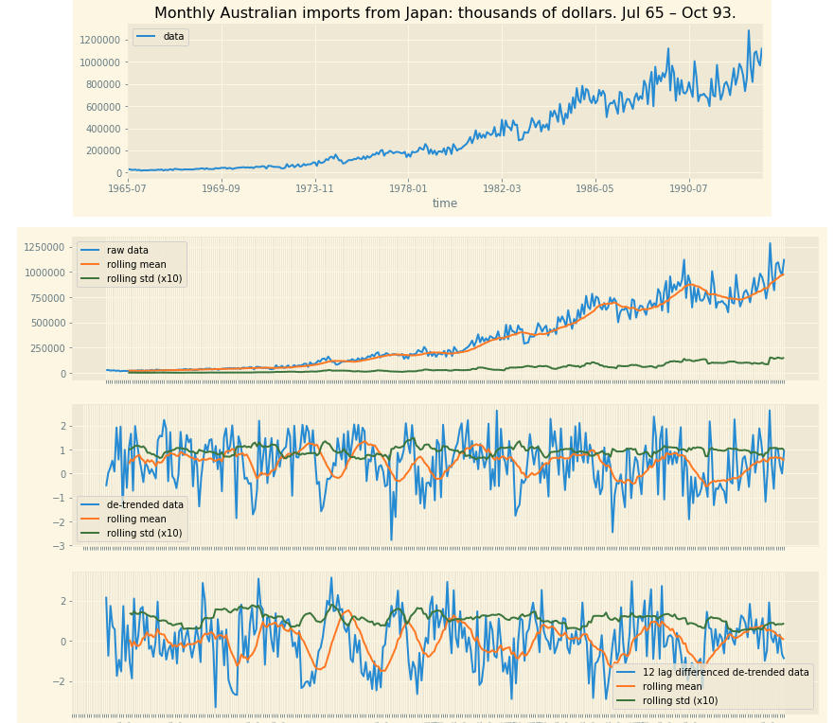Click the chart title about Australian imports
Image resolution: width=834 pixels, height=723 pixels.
[445, 13]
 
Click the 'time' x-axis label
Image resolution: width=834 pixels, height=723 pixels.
[445, 203]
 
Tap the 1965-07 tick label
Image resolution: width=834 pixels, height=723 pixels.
[128, 189]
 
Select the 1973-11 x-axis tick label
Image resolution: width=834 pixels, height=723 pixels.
[314, 189]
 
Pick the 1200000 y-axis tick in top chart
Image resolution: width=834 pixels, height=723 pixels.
[98, 40]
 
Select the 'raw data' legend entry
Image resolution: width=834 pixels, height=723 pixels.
[127, 251]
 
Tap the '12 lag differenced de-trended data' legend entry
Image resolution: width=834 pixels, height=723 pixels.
[725, 673]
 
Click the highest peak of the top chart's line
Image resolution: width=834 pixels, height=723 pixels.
[748, 30]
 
